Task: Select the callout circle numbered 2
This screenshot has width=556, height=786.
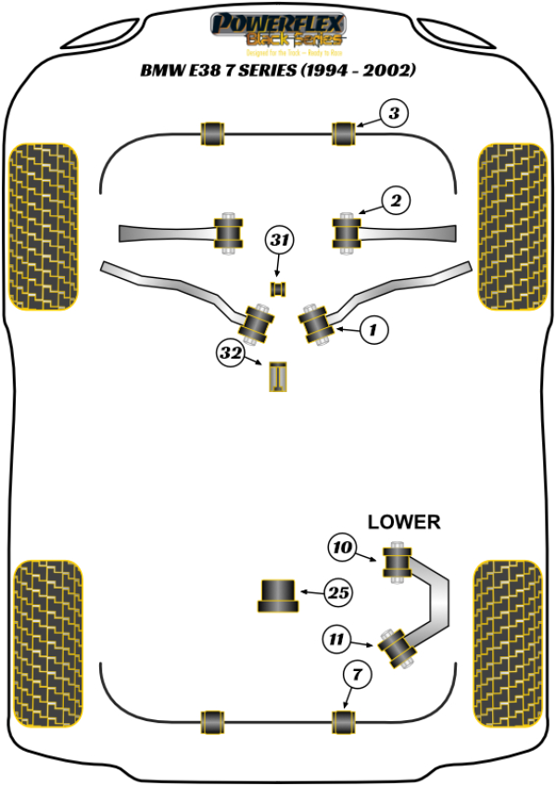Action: [x=395, y=200]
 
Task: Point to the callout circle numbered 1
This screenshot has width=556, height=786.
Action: [x=373, y=327]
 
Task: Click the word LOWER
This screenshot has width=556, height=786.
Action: [x=404, y=522]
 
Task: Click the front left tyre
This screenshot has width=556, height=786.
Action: [x=43, y=228]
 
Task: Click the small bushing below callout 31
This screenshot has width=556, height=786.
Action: [x=276, y=289]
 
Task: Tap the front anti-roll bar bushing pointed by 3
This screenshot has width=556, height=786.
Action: [x=344, y=133]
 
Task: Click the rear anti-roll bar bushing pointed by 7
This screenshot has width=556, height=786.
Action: [x=344, y=720]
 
